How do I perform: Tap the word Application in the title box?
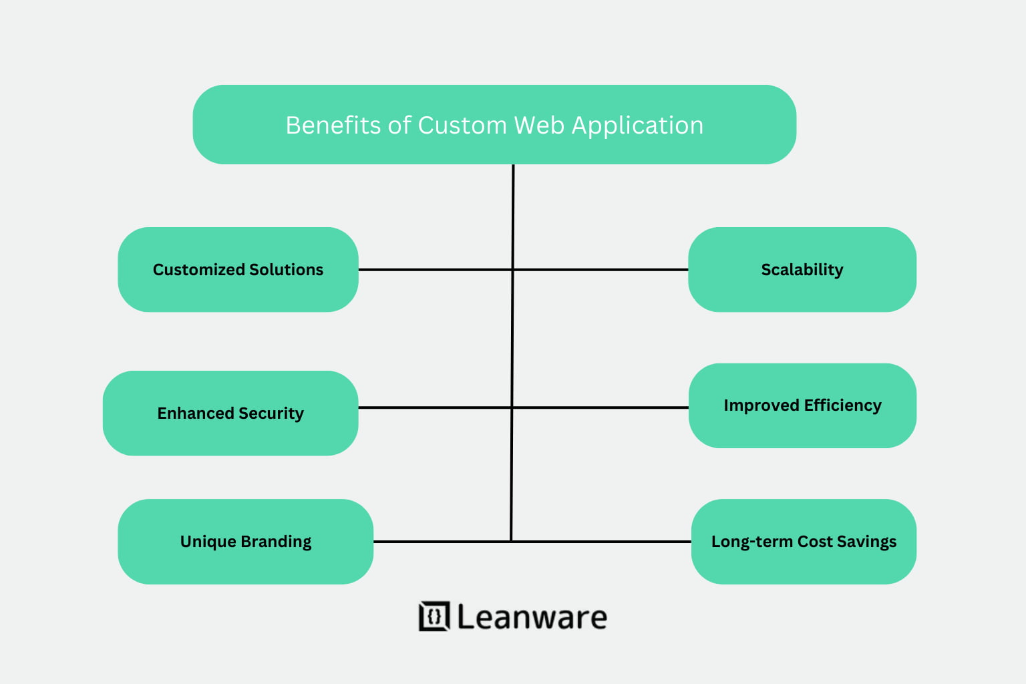pos(637,126)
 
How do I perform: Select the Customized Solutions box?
pos(238,269)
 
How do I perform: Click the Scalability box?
pos(802,269)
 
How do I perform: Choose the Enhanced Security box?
pos(230,413)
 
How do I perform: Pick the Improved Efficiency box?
pos(802,405)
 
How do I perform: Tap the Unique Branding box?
pos(245,541)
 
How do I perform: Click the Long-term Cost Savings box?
pos(804,541)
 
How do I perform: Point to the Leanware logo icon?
pos(434,616)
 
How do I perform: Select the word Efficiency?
pos(842,405)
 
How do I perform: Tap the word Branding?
pos(276,542)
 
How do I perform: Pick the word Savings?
pos(866,542)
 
